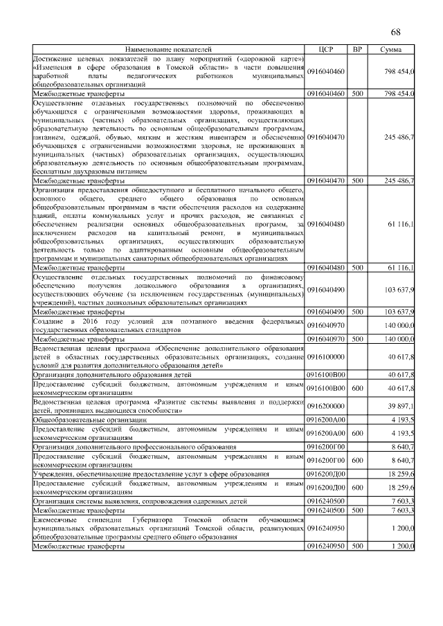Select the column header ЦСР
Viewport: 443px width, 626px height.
(326, 50)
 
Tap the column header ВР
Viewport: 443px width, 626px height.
(357, 50)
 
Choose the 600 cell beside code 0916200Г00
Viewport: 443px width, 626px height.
(357, 458)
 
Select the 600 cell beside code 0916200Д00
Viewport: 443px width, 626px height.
(357, 487)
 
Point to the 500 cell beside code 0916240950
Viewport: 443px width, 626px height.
(357, 546)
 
